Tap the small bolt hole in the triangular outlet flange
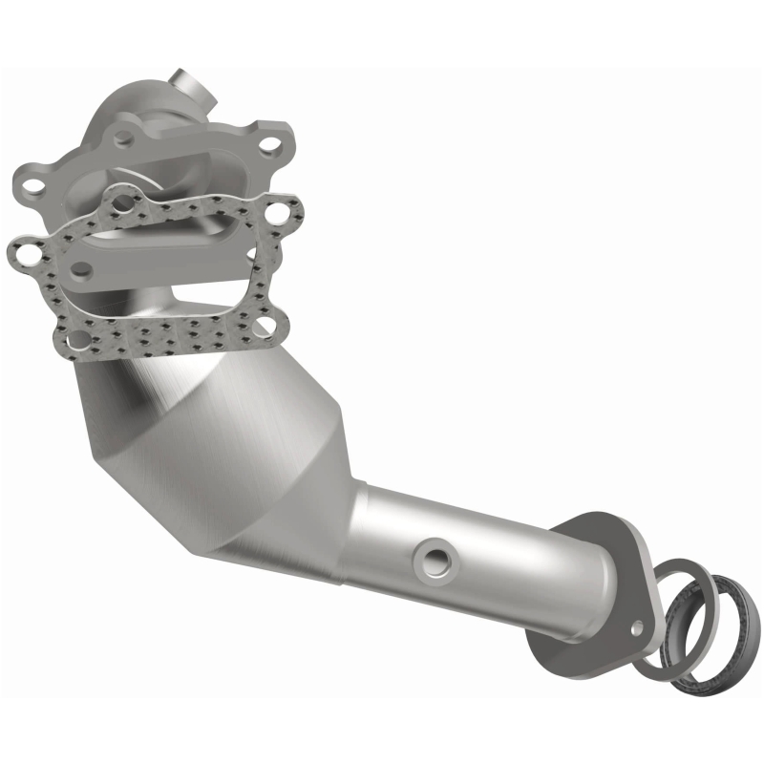pos(637,626)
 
